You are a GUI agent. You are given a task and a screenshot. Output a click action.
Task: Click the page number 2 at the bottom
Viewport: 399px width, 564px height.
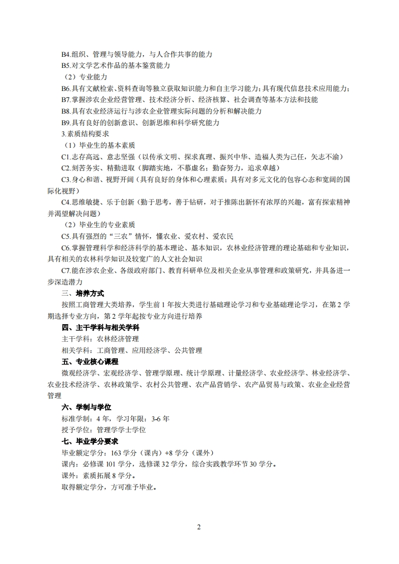coord(199,527)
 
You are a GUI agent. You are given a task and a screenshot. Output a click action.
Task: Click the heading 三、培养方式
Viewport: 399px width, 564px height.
coord(83,293)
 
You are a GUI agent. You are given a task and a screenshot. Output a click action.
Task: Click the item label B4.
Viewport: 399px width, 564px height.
coord(66,54)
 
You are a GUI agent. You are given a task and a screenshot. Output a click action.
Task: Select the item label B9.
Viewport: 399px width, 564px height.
coord(66,122)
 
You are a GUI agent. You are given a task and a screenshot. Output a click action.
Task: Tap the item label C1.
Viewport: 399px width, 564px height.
coord(66,157)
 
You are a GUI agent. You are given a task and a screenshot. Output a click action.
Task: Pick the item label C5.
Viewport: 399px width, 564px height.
coord(66,236)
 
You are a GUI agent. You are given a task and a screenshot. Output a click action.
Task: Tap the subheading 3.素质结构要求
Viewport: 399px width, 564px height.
coord(85,134)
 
